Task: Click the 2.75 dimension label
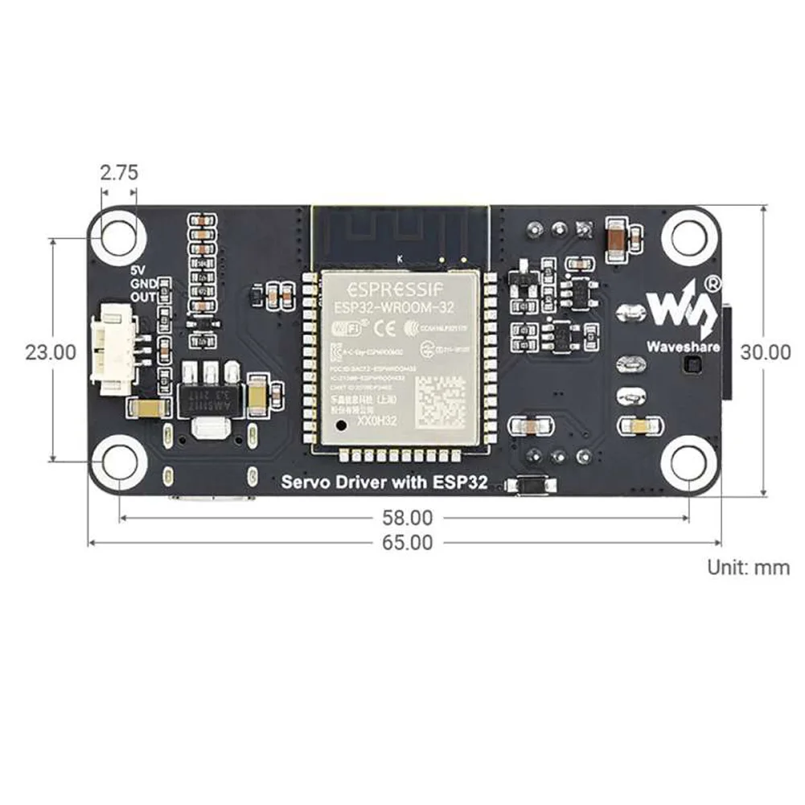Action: (x=119, y=172)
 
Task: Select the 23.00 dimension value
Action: (x=51, y=352)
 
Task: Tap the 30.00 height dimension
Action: (x=765, y=352)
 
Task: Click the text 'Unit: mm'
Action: (x=748, y=567)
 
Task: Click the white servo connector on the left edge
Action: (x=113, y=351)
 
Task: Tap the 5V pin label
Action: (x=139, y=271)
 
